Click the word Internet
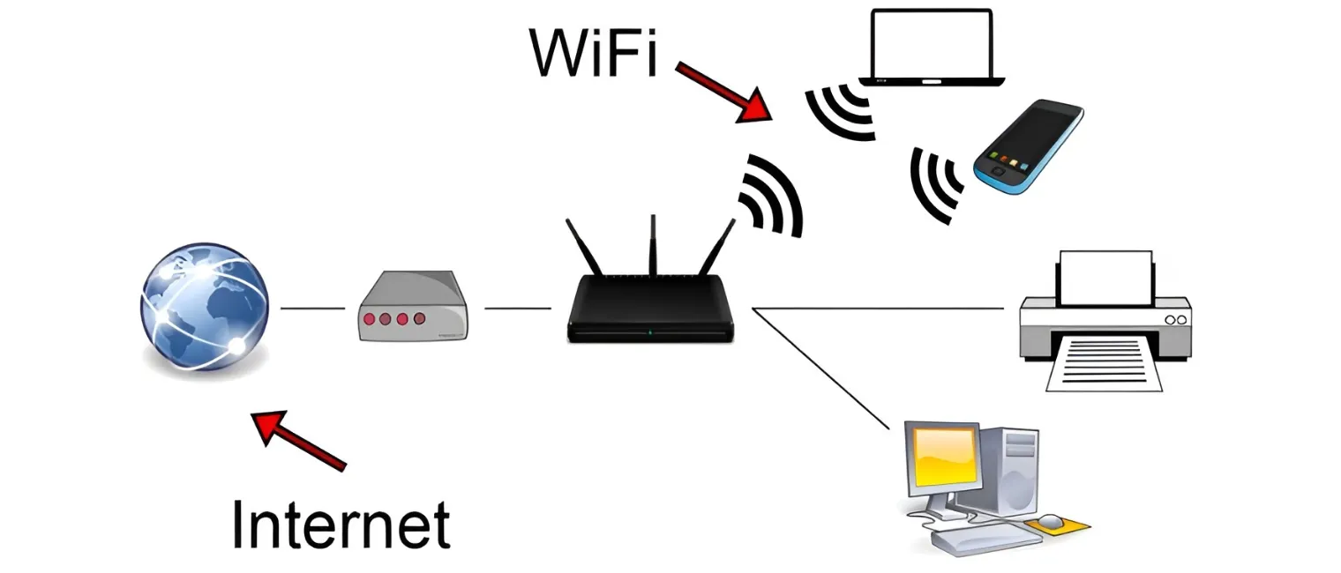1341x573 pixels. point(341,525)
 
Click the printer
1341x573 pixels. point(1105,319)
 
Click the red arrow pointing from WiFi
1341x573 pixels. point(724,91)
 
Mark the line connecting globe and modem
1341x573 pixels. point(312,309)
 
